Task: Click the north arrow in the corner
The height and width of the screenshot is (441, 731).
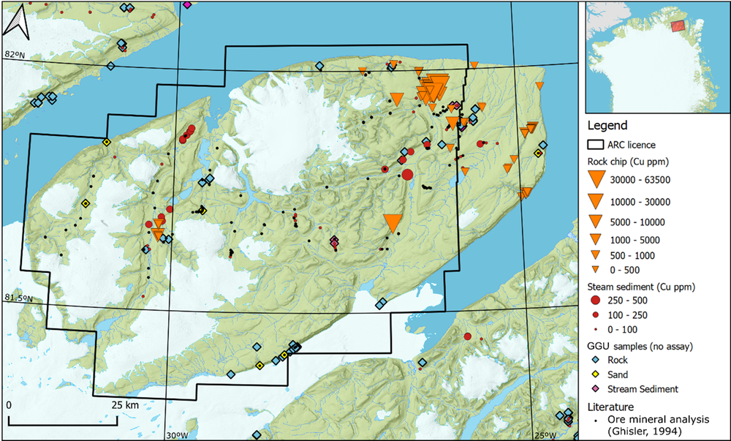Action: click(16, 24)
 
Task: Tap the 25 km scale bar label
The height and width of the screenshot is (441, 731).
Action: click(126, 404)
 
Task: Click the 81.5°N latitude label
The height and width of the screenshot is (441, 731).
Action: click(18, 298)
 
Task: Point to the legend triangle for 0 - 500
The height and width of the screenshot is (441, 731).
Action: click(597, 270)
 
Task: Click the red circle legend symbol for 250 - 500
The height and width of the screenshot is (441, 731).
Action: click(597, 301)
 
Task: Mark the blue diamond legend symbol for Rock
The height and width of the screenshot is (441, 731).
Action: click(597, 360)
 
